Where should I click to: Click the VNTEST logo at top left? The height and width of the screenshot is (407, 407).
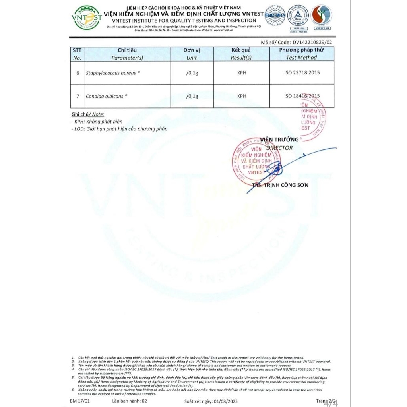[87, 18]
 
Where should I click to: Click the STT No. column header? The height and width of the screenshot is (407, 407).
[77, 54]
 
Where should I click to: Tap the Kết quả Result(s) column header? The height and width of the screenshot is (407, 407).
[241, 54]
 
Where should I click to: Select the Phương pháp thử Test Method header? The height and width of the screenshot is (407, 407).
[301, 54]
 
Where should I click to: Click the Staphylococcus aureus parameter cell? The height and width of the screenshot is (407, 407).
[113, 73]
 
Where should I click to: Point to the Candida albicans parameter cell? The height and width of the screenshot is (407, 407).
[107, 96]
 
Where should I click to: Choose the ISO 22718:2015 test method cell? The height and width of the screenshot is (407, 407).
[302, 73]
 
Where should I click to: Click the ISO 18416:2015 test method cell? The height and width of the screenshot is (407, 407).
[302, 96]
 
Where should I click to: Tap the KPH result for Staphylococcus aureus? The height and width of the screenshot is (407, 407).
[241, 73]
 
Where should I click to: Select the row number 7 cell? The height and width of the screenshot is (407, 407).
[78, 96]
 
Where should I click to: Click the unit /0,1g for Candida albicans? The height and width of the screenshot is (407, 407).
[192, 96]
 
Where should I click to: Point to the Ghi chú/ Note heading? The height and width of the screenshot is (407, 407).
[88, 114]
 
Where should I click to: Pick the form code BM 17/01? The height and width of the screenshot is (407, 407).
[79, 401]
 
